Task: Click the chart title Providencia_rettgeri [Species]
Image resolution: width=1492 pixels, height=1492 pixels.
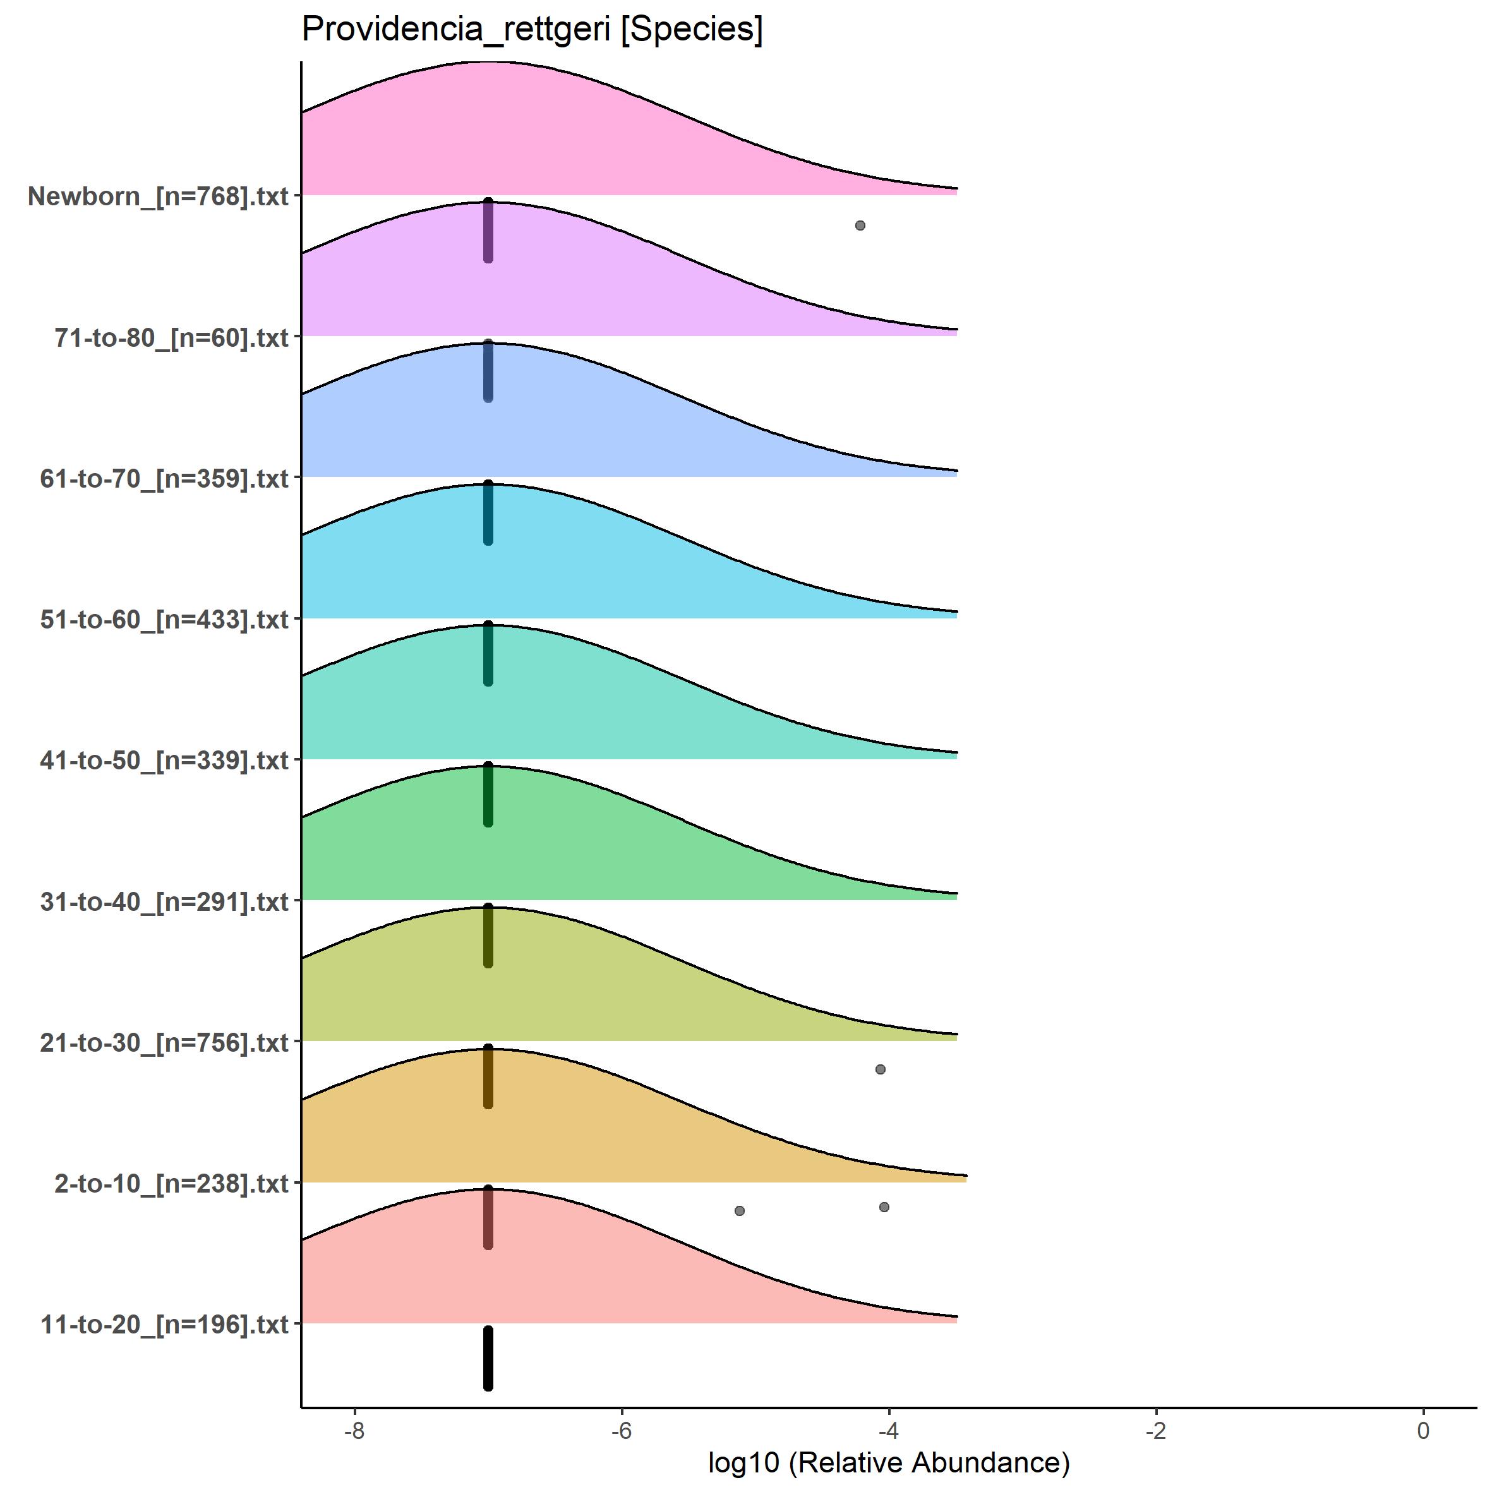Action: tap(532, 31)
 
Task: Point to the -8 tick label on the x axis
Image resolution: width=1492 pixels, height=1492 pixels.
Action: tap(354, 1430)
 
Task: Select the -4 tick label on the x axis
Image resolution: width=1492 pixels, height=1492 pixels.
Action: tap(889, 1430)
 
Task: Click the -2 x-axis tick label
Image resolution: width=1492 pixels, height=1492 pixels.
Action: tap(1155, 1430)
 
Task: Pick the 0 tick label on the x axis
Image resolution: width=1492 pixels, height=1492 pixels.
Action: tap(1423, 1430)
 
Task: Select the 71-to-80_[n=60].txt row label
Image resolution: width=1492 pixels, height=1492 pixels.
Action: tap(171, 338)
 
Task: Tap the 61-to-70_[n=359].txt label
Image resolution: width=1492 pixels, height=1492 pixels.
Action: tap(164, 479)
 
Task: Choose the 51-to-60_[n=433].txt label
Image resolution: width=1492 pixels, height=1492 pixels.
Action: tap(164, 620)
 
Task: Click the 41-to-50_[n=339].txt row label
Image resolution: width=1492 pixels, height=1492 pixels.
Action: tap(164, 761)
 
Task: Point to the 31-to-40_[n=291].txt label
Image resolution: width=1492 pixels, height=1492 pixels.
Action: tap(164, 902)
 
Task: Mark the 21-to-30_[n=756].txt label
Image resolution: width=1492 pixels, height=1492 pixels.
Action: tap(164, 1044)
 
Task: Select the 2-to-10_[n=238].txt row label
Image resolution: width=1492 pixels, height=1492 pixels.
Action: tap(171, 1184)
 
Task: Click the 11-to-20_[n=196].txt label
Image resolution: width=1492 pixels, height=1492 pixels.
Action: tap(164, 1325)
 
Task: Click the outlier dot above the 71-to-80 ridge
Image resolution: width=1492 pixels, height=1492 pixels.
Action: tap(860, 226)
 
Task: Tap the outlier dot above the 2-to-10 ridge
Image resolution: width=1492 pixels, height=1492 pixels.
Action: tap(881, 1069)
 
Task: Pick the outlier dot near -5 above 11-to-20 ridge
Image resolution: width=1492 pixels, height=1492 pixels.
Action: tap(740, 1211)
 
